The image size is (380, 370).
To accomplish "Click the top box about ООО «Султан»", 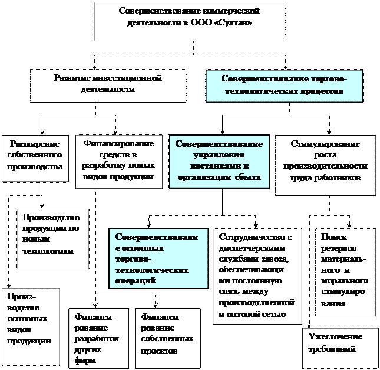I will pos(189,21).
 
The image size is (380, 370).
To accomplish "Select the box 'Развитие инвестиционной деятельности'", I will pos(108,85).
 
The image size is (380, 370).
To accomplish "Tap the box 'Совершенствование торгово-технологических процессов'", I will pos(283,85).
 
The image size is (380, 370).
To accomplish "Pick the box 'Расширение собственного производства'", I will pos(35,157).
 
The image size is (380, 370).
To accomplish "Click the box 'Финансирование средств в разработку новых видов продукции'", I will pos(118,161).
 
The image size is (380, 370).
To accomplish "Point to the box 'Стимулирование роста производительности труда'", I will pos(325,165).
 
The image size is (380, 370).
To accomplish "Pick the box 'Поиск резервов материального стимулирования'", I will pos(345,271).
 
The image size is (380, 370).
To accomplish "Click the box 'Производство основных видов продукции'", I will pos(31,325).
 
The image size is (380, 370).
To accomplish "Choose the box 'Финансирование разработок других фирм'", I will pos(98,338).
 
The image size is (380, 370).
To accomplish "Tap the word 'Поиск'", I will pos(334,237).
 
